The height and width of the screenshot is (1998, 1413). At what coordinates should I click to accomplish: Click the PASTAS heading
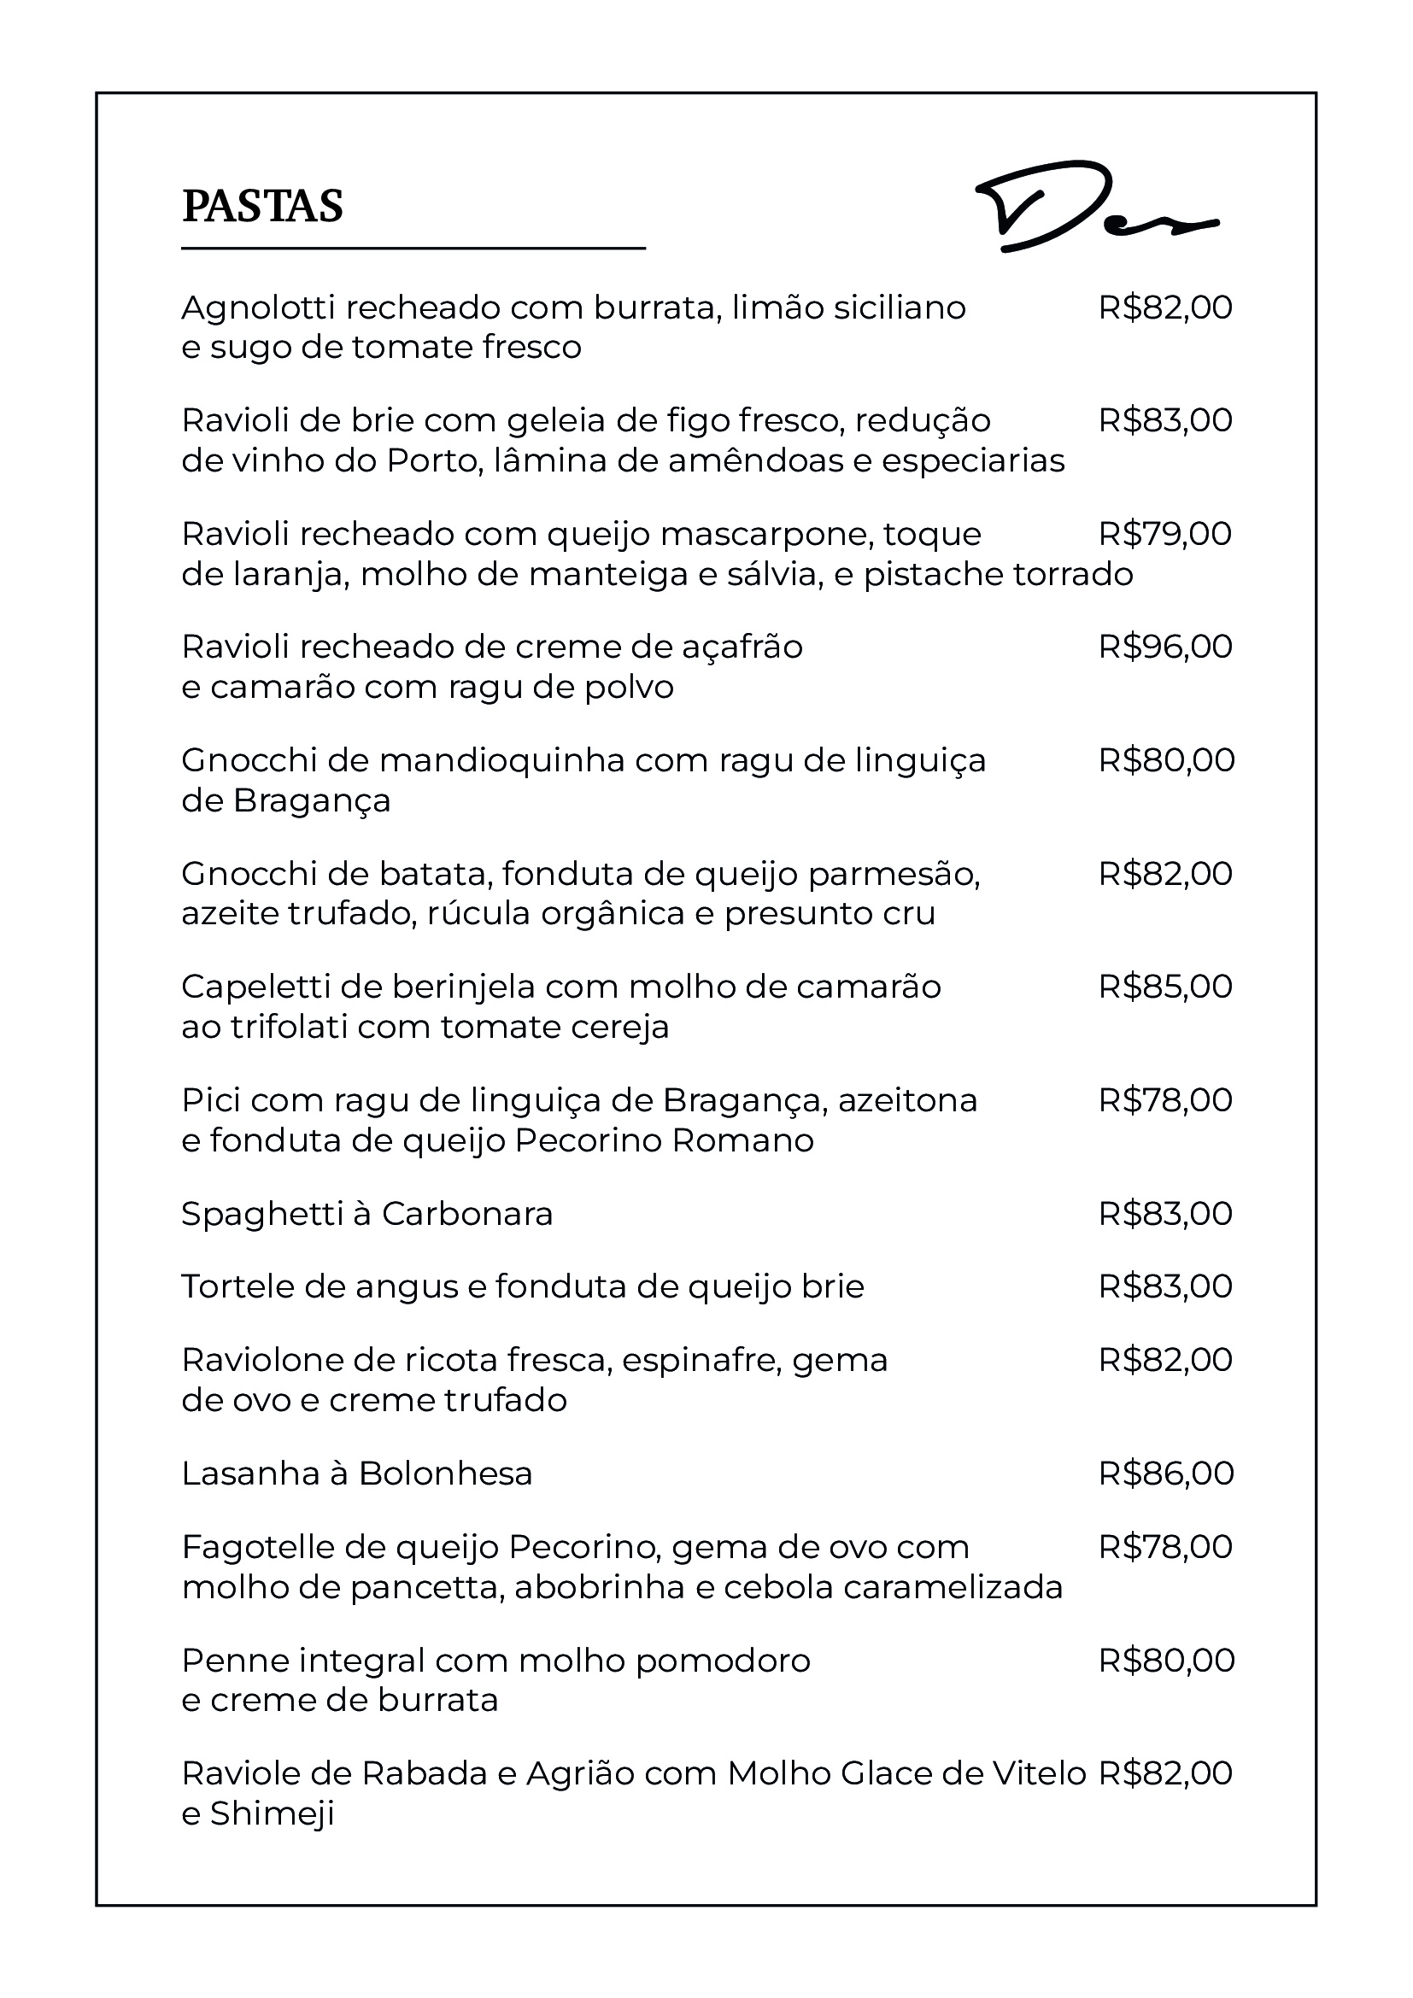tap(262, 206)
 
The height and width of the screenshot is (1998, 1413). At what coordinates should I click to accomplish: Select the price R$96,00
tap(1165, 647)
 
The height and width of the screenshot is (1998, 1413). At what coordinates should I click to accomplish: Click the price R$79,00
tap(1165, 533)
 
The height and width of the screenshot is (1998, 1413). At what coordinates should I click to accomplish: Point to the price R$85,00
tap(1165, 987)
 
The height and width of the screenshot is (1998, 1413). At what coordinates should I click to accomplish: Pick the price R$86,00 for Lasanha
tap(1166, 1474)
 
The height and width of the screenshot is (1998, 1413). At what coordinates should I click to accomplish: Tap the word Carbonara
tap(467, 1214)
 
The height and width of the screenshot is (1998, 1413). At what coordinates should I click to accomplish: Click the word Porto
tap(434, 460)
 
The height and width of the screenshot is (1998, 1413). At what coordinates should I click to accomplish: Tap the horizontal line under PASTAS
tap(413, 249)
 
